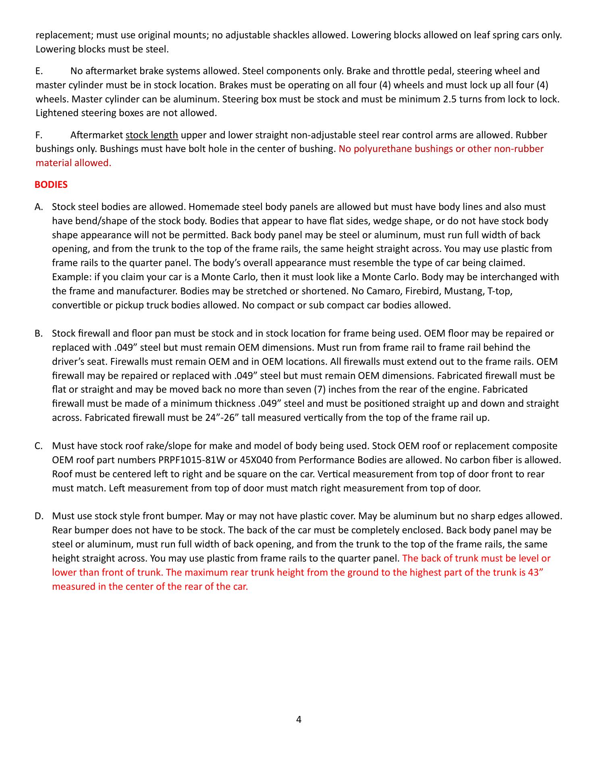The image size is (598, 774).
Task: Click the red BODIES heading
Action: (x=51, y=185)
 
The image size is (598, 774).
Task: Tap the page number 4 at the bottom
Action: (x=299, y=719)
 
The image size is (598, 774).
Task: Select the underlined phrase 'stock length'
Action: (x=152, y=135)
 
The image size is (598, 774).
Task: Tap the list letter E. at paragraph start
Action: (x=39, y=71)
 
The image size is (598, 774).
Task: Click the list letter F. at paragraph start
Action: (x=39, y=135)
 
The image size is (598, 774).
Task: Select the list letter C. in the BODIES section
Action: (x=39, y=446)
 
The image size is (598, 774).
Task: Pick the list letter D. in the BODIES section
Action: (x=39, y=516)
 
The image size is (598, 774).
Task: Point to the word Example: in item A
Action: (x=71, y=277)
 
